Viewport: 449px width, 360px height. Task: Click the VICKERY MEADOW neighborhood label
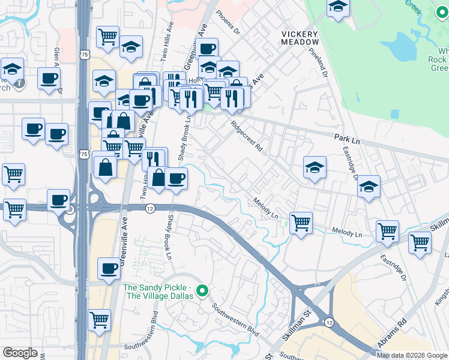click(300, 38)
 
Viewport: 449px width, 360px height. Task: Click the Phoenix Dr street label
click(228, 23)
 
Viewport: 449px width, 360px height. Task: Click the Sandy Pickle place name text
click(158, 292)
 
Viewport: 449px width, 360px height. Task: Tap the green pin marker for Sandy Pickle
click(202, 292)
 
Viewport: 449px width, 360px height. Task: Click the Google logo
click(19, 353)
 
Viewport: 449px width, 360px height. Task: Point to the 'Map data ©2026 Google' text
click(411, 355)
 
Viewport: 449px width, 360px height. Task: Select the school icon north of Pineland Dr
click(339, 7)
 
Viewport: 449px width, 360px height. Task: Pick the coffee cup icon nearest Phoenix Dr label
click(207, 49)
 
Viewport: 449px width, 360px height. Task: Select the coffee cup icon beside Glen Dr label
click(49, 77)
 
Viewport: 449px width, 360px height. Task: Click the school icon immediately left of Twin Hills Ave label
click(131, 46)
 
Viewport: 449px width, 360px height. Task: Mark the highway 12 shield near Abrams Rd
click(330, 322)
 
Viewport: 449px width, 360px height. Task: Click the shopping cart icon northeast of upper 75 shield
click(107, 36)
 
